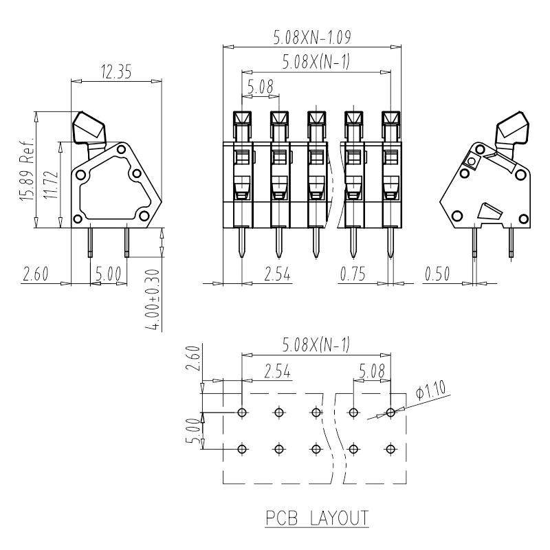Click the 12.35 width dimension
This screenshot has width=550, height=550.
point(116,71)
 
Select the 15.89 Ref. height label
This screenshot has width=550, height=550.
point(27,169)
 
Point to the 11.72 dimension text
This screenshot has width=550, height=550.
point(52,185)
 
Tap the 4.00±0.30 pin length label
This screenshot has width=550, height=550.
point(153,300)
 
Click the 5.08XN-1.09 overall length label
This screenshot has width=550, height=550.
point(312,37)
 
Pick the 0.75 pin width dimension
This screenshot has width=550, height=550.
point(353,274)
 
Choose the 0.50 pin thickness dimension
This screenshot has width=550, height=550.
point(437,274)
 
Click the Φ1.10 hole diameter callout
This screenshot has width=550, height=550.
point(431,390)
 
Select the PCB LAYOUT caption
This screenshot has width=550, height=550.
point(317,518)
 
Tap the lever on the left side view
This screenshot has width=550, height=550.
point(89,131)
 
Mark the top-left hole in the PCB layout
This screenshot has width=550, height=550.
point(242,412)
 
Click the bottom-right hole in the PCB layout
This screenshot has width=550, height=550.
point(390,449)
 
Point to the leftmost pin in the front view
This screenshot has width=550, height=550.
point(242,243)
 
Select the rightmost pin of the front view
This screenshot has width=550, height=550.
point(390,243)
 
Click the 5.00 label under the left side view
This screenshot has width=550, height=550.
point(108,274)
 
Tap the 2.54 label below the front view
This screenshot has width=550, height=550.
point(277,274)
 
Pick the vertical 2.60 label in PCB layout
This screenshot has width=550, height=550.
point(193,358)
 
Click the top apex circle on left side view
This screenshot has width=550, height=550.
point(122,149)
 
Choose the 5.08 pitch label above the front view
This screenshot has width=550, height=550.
point(261,86)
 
